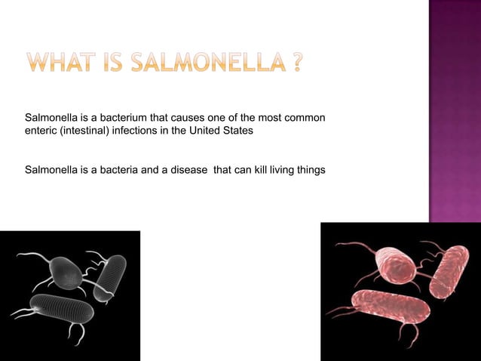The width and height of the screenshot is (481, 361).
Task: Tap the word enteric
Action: point(42,131)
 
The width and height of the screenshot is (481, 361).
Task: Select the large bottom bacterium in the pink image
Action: point(391,307)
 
